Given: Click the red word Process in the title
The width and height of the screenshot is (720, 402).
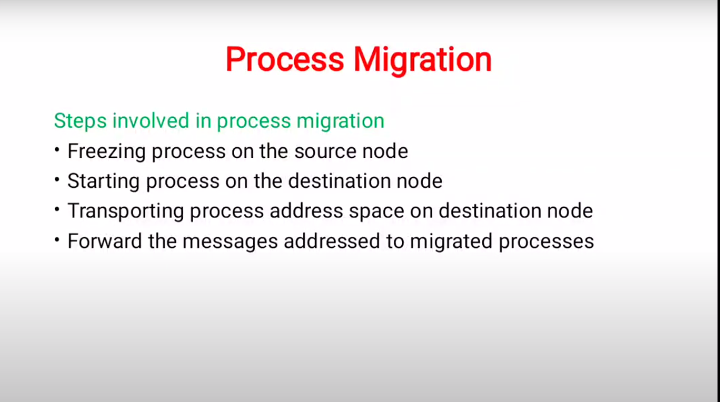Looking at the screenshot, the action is click(285, 59).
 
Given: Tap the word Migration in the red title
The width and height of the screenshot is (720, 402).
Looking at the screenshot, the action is click(422, 60).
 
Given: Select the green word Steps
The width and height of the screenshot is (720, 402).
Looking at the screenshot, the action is click(80, 121).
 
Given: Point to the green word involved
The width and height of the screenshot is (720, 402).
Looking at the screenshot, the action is click(151, 121).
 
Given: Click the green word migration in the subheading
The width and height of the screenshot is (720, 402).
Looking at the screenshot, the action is click(340, 121).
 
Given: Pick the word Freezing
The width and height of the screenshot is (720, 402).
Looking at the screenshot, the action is click(107, 152).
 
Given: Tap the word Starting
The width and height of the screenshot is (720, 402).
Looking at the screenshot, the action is click(103, 181).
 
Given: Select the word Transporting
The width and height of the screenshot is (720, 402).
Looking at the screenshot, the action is click(126, 211).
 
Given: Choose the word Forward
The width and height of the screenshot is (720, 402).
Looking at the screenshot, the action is click(105, 241).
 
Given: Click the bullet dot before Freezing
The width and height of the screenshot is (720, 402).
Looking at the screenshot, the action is click(57, 150).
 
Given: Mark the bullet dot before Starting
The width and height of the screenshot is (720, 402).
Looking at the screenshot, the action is click(57, 180).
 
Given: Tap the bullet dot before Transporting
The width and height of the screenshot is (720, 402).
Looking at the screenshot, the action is click(57, 210).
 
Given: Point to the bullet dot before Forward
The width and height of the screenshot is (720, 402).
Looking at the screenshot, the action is click(57, 240).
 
